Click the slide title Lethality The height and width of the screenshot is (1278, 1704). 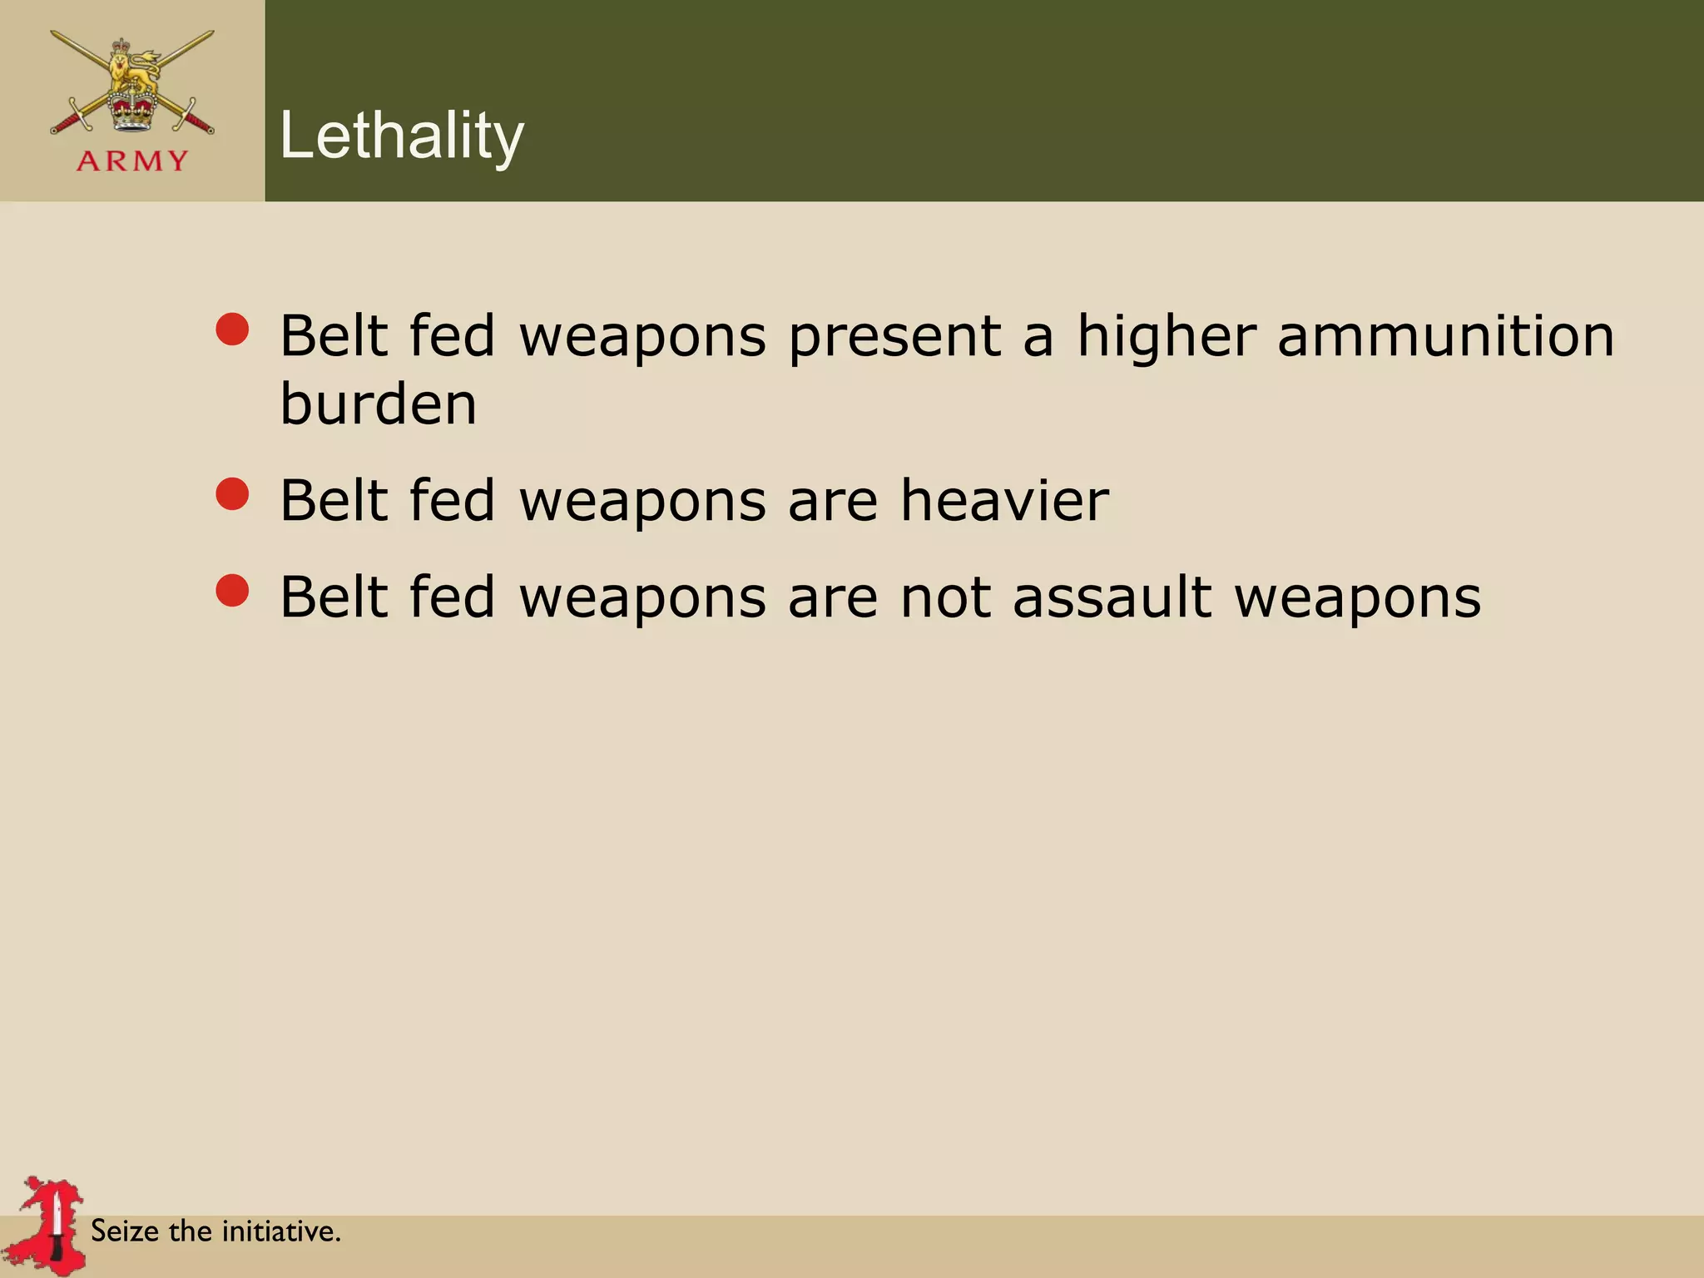click(402, 136)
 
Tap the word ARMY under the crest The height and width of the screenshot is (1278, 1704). click(132, 161)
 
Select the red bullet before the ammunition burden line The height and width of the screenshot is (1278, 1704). click(232, 329)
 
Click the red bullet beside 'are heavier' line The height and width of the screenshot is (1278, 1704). click(232, 493)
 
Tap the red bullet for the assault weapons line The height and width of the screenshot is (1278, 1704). click(232, 591)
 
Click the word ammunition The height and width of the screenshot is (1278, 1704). click(1445, 336)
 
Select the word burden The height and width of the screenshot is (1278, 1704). click(379, 404)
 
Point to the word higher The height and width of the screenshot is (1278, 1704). click(1167, 336)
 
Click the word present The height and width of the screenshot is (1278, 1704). click(894, 338)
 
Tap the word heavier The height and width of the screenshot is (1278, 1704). click(1004, 501)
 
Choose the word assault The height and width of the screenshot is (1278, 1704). click(1112, 597)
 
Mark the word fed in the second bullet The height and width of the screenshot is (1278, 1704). click(452, 501)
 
